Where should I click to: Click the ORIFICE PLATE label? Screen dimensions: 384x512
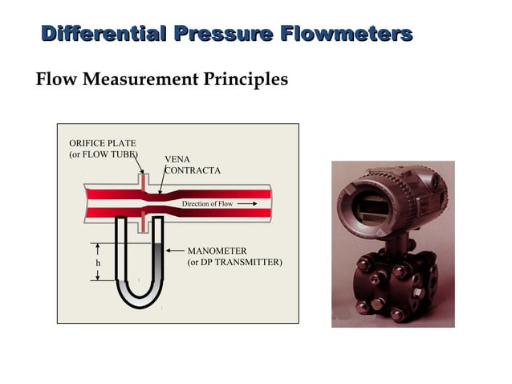pyautogui.click(x=102, y=143)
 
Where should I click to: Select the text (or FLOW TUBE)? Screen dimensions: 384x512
pyautogui.click(x=104, y=154)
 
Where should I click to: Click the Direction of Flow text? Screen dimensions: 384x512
pyautogui.click(x=207, y=204)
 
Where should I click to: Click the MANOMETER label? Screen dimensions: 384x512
pyautogui.click(x=217, y=251)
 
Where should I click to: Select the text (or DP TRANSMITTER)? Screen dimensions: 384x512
pyautogui.click(x=234, y=263)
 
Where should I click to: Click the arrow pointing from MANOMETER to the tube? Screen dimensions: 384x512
pyautogui.click(x=174, y=251)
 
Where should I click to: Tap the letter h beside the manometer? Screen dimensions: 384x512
pyautogui.click(x=98, y=263)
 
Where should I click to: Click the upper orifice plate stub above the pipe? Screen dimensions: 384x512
pyautogui.click(x=141, y=182)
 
